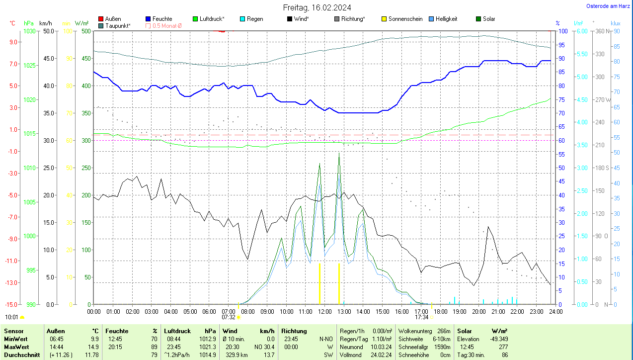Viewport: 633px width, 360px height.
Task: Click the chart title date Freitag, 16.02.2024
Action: (317, 7)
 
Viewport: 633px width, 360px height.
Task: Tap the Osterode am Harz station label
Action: (608, 6)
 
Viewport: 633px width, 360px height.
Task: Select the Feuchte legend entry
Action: (162, 19)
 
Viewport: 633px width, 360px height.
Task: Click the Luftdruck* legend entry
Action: (212, 19)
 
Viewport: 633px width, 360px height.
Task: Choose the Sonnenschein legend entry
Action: (405, 19)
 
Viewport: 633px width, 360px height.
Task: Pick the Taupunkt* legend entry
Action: (118, 25)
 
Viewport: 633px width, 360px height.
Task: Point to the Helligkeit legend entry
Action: (446, 19)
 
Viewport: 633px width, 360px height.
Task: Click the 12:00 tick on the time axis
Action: (324, 311)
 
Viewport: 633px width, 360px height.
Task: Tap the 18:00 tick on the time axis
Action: (440, 311)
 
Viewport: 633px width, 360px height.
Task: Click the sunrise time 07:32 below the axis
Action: (229, 317)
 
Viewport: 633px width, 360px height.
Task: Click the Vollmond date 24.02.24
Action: (381, 355)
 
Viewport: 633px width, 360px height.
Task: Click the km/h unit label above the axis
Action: (45, 23)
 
